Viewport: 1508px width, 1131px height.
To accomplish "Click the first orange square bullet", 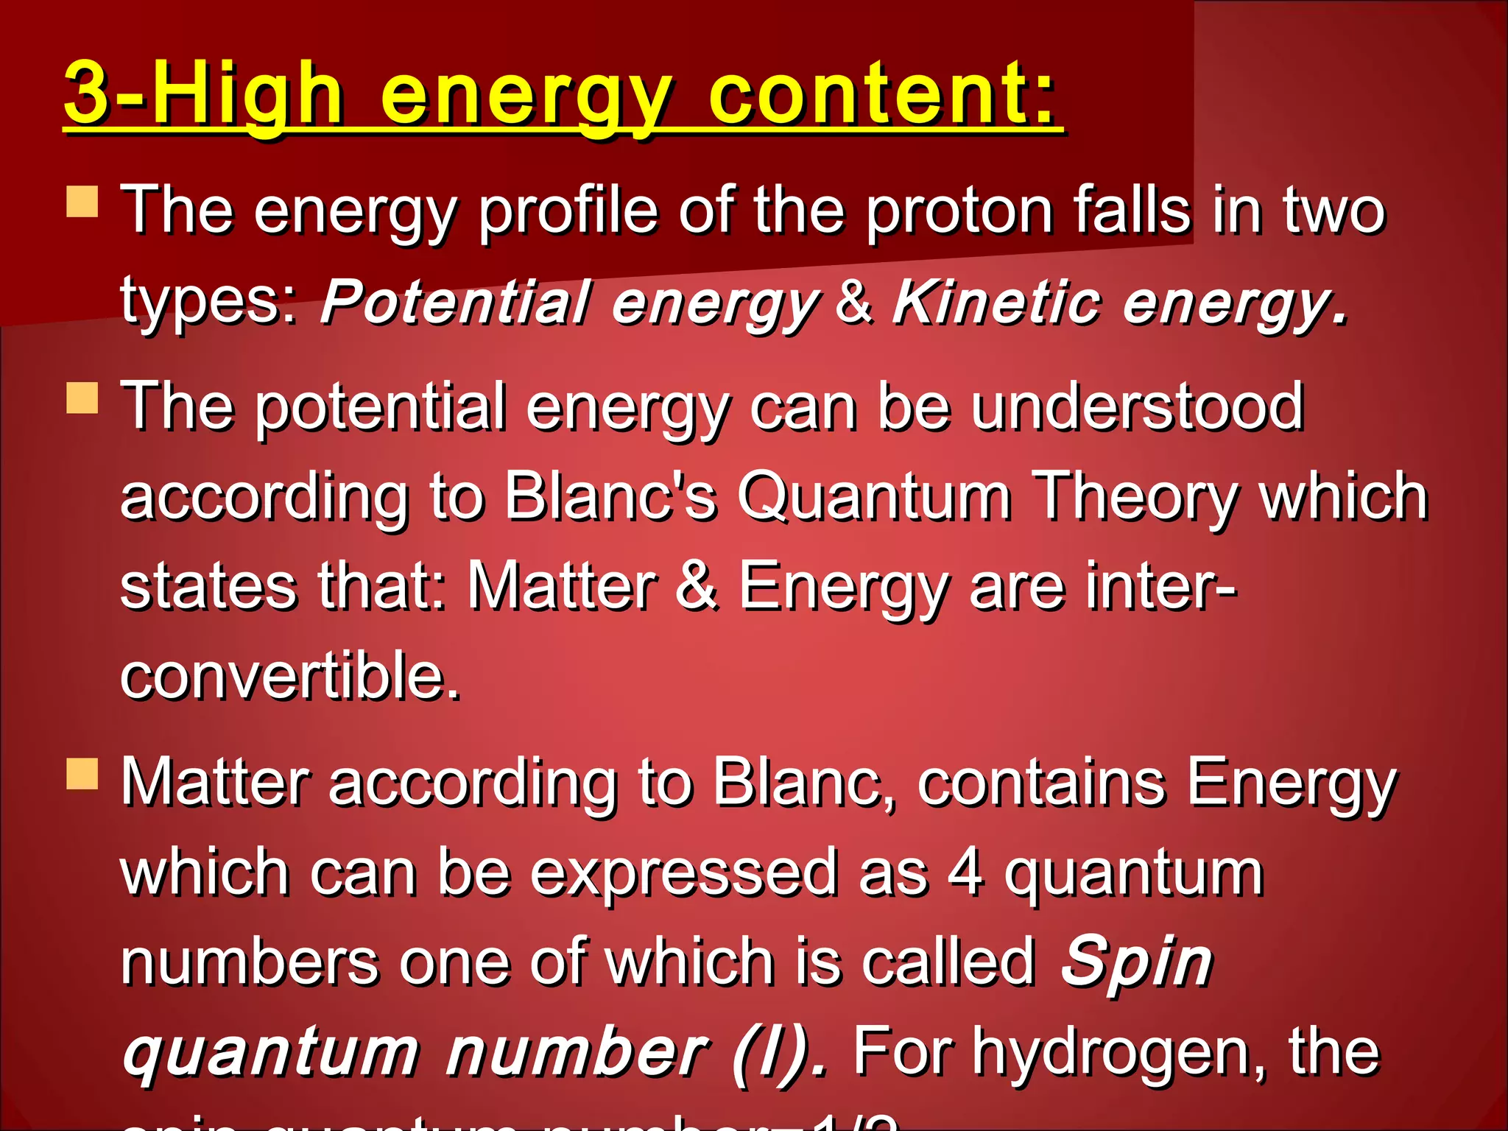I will pyautogui.click(x=82, y=202).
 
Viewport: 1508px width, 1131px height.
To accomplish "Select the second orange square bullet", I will pyautogui.click(x=82, y=398).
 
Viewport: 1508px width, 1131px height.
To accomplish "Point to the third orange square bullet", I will pyautogui.click(x=82, y=774).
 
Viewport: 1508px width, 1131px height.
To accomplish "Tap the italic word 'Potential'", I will pyautogui.click(x=456, y=302).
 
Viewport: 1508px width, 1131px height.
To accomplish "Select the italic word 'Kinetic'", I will pyautogui.click(x=997, y=302).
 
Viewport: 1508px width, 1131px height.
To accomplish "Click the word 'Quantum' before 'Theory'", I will pyautogui.click(x=874, y=498).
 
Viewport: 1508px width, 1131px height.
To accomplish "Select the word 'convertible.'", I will pyautogui.click(x=290, y=676).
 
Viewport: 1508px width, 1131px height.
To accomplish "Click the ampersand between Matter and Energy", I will pyautogui.click(x=696, y=586).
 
